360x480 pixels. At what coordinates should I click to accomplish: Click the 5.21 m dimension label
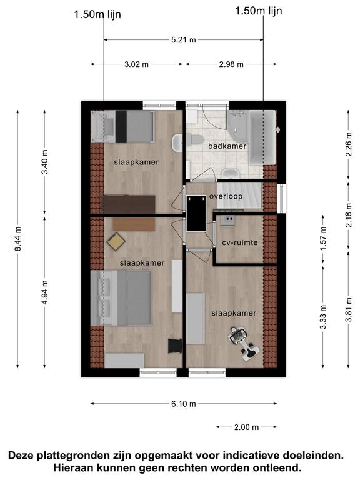(x=183, y=40)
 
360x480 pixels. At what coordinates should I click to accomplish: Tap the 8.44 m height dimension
(x=17, y=239)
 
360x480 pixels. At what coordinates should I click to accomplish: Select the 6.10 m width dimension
(x=183, y=404)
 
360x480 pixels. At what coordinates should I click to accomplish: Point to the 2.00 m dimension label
(x=246, y=427)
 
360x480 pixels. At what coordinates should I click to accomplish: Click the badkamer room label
(x=227, y=146)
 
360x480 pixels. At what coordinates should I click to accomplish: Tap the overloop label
(x=226, y=196)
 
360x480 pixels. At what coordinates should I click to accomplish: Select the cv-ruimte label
(x=240, y=242)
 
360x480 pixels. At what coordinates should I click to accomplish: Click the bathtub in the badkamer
(x=262, y=137)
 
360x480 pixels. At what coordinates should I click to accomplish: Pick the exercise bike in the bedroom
(x=244, y=343)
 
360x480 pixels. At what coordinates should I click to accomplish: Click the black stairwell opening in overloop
(x=196, y=213)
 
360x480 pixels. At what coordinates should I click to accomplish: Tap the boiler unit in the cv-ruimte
(x=227, y=221)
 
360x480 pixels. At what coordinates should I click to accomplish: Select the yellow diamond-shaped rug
(x=116, y=242)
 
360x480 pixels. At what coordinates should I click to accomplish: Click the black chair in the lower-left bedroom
(x=176, y=346)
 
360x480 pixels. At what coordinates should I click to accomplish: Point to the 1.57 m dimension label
(x=323, y=239)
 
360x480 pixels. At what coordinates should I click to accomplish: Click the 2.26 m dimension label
(x=348, y=144)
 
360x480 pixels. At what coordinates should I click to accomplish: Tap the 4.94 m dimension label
(x=45, y=292)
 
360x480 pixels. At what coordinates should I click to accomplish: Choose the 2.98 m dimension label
(x=231, y=64)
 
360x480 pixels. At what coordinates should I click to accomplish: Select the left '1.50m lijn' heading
(x=97, y=15)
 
